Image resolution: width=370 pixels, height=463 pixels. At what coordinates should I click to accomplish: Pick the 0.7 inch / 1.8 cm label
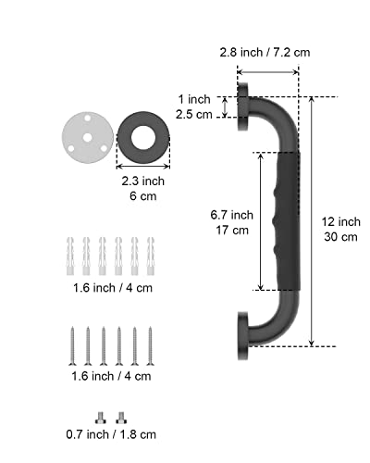tap(110, 432)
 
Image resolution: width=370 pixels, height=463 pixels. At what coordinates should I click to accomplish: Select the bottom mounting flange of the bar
tap(243, 339)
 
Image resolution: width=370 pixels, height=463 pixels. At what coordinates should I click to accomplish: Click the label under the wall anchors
tap(110, 287)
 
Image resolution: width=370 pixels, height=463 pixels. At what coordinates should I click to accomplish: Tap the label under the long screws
tap(110, 376)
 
